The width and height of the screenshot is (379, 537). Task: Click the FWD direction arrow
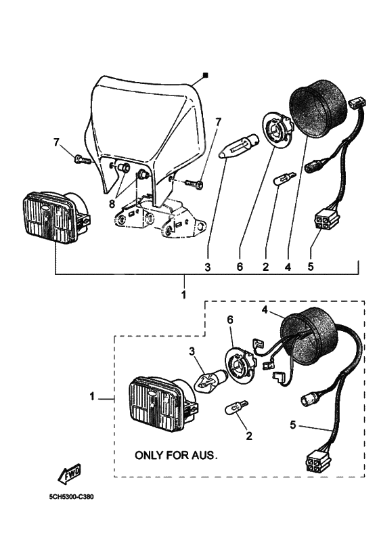(x=70, y=474)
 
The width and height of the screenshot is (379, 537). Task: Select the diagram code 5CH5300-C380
(x=71, y=497)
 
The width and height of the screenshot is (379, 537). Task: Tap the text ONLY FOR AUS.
(x=177, y=455)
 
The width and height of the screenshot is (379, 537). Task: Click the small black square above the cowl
(x=206, y=75)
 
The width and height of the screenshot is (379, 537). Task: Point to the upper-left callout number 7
(x=56, y=142)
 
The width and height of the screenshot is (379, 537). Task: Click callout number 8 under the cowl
(x=112, y=203)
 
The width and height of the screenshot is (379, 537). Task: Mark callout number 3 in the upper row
(x=208, y=267)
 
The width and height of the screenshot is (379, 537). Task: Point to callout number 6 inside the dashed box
(x=230, y=320)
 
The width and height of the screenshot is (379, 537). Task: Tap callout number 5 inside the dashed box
(x=293, y=425)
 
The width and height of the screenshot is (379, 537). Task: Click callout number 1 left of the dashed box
(x=92, y=397)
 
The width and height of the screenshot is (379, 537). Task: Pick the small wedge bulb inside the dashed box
(x=236, y=408)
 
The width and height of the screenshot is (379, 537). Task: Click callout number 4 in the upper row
(x=288, y=267)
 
